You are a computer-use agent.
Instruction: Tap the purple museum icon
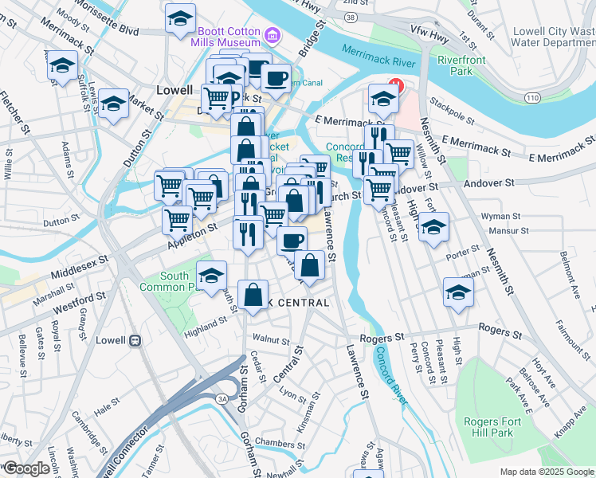tap(273, 36)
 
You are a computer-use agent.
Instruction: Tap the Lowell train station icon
tap(135, 340)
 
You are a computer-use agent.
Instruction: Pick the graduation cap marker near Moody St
tap(180, 17)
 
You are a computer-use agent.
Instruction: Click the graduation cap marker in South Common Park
tap(210, 276)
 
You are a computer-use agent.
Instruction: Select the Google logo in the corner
tap(25, 468)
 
